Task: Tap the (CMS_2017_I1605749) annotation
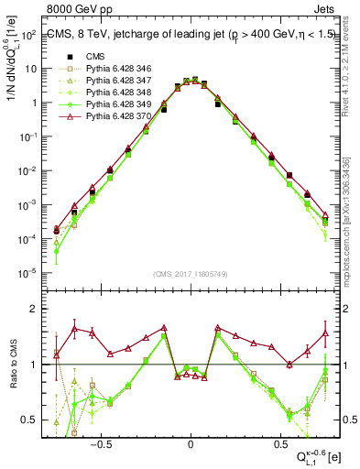point(191,274)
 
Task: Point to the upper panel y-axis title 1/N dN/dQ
point(13,82)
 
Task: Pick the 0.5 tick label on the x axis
point(280,441)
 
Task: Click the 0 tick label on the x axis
point(191,441)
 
